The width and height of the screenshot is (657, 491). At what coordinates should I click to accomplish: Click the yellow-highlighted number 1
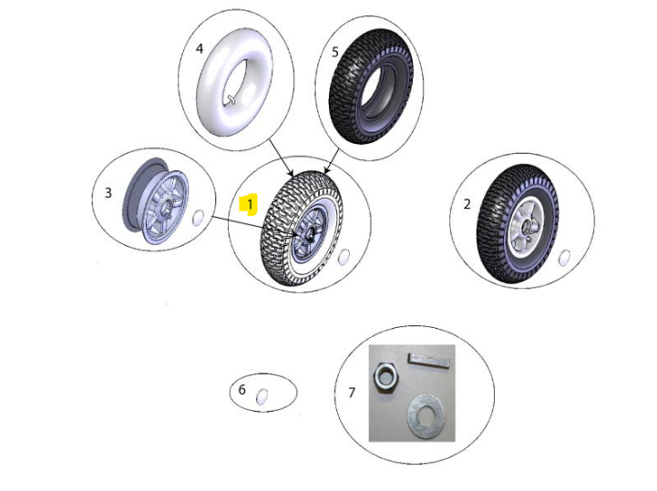tap(250, 205)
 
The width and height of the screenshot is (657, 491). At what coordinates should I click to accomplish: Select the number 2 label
tap(467, 204)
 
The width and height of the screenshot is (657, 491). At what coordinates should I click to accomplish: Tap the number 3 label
tap(108, 193)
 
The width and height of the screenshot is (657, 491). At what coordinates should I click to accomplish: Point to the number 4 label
tap(200, 48)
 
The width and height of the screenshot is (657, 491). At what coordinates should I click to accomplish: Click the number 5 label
tap(334, 52)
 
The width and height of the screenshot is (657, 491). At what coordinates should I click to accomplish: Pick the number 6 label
tap(241, 390)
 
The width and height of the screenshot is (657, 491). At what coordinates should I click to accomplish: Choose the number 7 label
tap(352, 393)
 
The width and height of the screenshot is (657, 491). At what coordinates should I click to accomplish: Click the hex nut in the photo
tap(386, 377)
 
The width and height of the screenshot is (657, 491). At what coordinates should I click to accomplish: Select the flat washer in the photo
tap(427, 416)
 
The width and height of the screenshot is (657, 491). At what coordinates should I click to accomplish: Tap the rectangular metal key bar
tap(429, 361)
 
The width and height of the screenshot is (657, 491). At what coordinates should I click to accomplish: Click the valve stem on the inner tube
tap(231, 99)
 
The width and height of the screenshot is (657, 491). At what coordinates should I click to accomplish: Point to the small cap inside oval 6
tap(262, 397)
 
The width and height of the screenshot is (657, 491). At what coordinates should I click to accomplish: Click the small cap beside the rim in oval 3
tap(198, 218)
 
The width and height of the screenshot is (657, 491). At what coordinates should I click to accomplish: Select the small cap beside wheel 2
tap(564, 258)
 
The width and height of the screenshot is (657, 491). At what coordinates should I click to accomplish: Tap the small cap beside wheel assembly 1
tap(344, 257)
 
